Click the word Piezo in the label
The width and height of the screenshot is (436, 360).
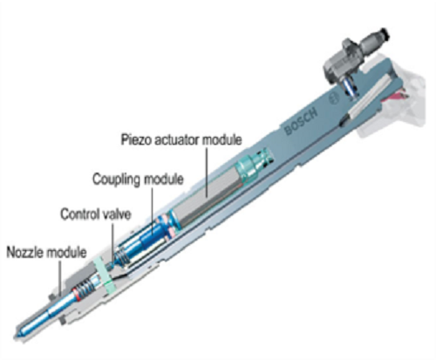pos(136,139)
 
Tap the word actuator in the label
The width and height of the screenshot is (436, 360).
pos(177,139)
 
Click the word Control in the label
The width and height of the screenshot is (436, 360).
pos(78,214)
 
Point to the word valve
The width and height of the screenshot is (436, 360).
pos(114,214)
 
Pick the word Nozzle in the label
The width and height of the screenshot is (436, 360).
pos(25,252)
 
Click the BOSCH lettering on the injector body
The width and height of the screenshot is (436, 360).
pos(301,121)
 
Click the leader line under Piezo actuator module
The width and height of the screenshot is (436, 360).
pos(207,172)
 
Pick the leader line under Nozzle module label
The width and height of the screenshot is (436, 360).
pos(60,278)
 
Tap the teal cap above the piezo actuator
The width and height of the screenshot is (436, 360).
pos(252,166)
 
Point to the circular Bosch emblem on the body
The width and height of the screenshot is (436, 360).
pos(334,98)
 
